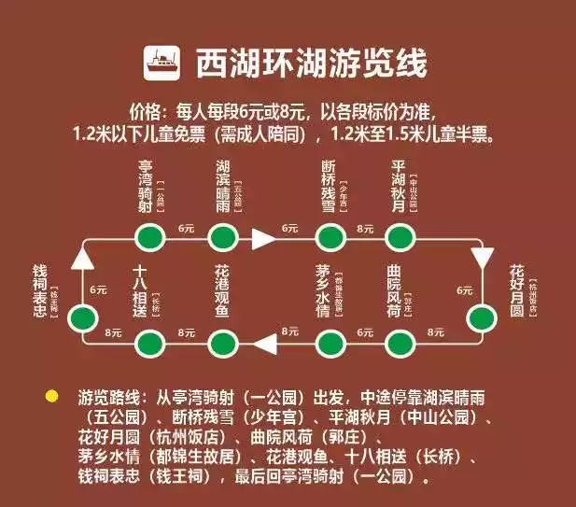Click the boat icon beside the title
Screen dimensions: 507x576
[162, 63]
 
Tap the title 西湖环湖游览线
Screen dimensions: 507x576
[311, 63]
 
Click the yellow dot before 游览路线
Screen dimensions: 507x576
[52, 397]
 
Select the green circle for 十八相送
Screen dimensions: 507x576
[148, 345]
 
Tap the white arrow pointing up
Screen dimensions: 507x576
[83, 258]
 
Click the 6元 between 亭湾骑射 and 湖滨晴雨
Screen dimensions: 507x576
[185, 227]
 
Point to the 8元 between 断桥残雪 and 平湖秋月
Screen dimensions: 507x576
[365, 227]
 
